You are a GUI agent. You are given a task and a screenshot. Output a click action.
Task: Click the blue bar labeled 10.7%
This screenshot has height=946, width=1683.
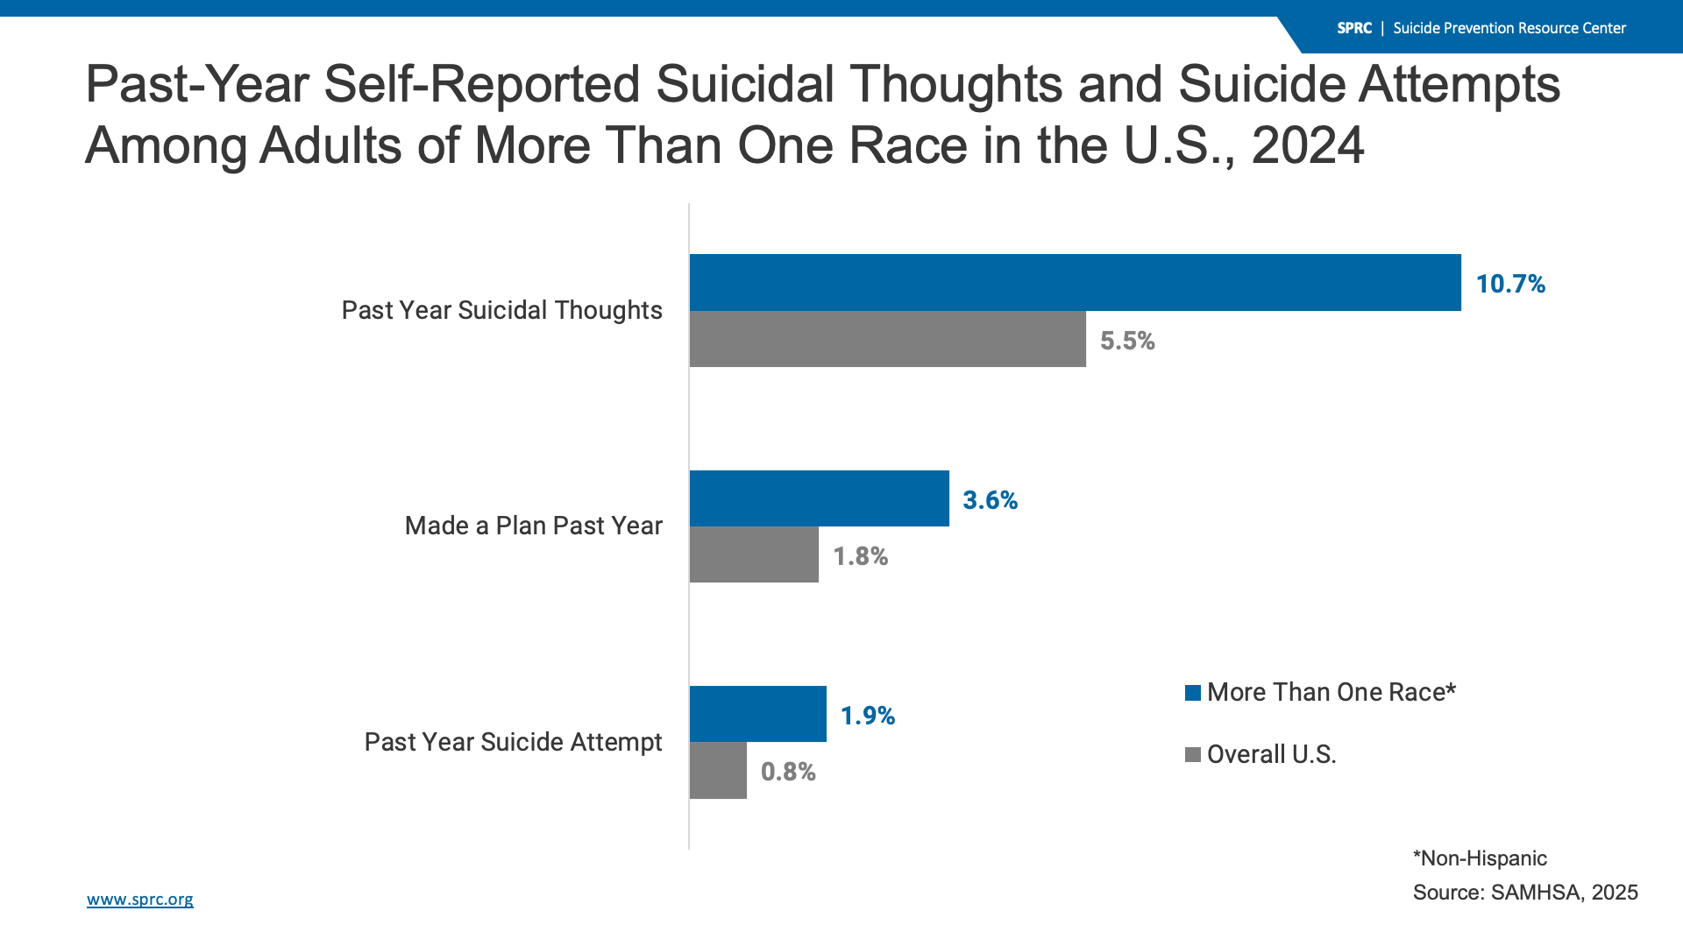click(1075, 282)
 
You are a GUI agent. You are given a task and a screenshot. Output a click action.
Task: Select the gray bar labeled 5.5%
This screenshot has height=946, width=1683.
click(887, 339)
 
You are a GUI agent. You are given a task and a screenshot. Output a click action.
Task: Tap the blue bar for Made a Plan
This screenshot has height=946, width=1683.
click(819, 498)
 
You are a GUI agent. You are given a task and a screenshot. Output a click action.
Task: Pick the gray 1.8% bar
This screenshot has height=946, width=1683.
click(754, 554)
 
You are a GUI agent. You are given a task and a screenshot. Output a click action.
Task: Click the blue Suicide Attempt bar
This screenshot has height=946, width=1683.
click(757, 714)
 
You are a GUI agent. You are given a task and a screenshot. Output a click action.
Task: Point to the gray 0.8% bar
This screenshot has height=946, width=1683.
click(718, 771)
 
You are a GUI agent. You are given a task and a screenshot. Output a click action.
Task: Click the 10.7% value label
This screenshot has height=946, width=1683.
click(1509, 284)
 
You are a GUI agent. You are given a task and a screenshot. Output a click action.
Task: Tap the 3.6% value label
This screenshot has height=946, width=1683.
click(990, 500)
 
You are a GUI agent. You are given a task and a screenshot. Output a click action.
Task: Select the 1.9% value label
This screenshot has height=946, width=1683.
click(867, 716)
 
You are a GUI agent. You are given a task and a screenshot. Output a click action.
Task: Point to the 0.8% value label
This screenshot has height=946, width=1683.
click(788, 772)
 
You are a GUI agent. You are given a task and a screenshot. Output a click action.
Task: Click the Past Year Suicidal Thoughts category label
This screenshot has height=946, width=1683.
click(501, 310)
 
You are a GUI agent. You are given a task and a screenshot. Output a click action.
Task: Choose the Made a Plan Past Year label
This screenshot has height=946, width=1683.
click(533, 526)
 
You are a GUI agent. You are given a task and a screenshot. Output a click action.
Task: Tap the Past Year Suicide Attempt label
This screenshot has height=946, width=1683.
click(513, 742)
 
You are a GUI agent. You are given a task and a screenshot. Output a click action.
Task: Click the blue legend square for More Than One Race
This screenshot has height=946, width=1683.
click(1192, 693)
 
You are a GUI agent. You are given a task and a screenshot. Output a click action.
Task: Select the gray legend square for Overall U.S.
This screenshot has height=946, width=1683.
click(1192, 755)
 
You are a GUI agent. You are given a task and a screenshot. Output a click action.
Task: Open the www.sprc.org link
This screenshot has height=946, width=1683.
click(140, 900)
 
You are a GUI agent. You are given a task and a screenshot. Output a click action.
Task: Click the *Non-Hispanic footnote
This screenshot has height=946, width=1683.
click(1480, 858)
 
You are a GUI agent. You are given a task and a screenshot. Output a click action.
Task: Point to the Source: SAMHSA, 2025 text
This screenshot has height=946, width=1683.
click(1525, 893)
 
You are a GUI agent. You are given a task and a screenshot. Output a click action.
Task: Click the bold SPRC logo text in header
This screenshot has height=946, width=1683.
click(1353, 28)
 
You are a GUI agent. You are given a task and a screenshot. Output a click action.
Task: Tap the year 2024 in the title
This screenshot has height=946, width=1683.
click(1308, 145)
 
